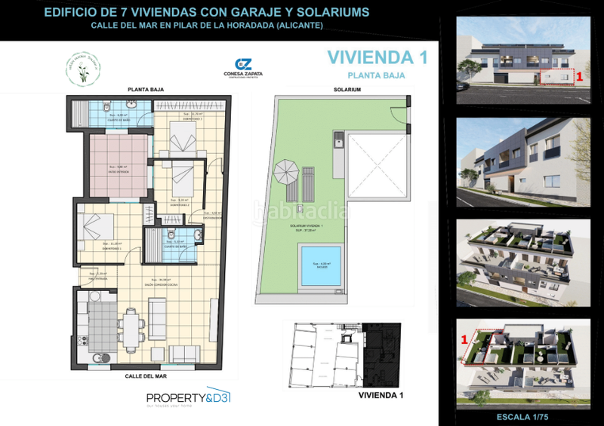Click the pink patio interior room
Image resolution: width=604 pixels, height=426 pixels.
pos(117,167)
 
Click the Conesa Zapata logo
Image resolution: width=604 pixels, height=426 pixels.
pos(244,69)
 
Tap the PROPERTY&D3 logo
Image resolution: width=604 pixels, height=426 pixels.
pos(188,399)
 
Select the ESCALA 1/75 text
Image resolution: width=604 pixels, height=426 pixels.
pos(523,415)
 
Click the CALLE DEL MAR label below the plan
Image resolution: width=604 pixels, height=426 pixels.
pos(147,375)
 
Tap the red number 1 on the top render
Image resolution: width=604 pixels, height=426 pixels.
pos(579,76)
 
